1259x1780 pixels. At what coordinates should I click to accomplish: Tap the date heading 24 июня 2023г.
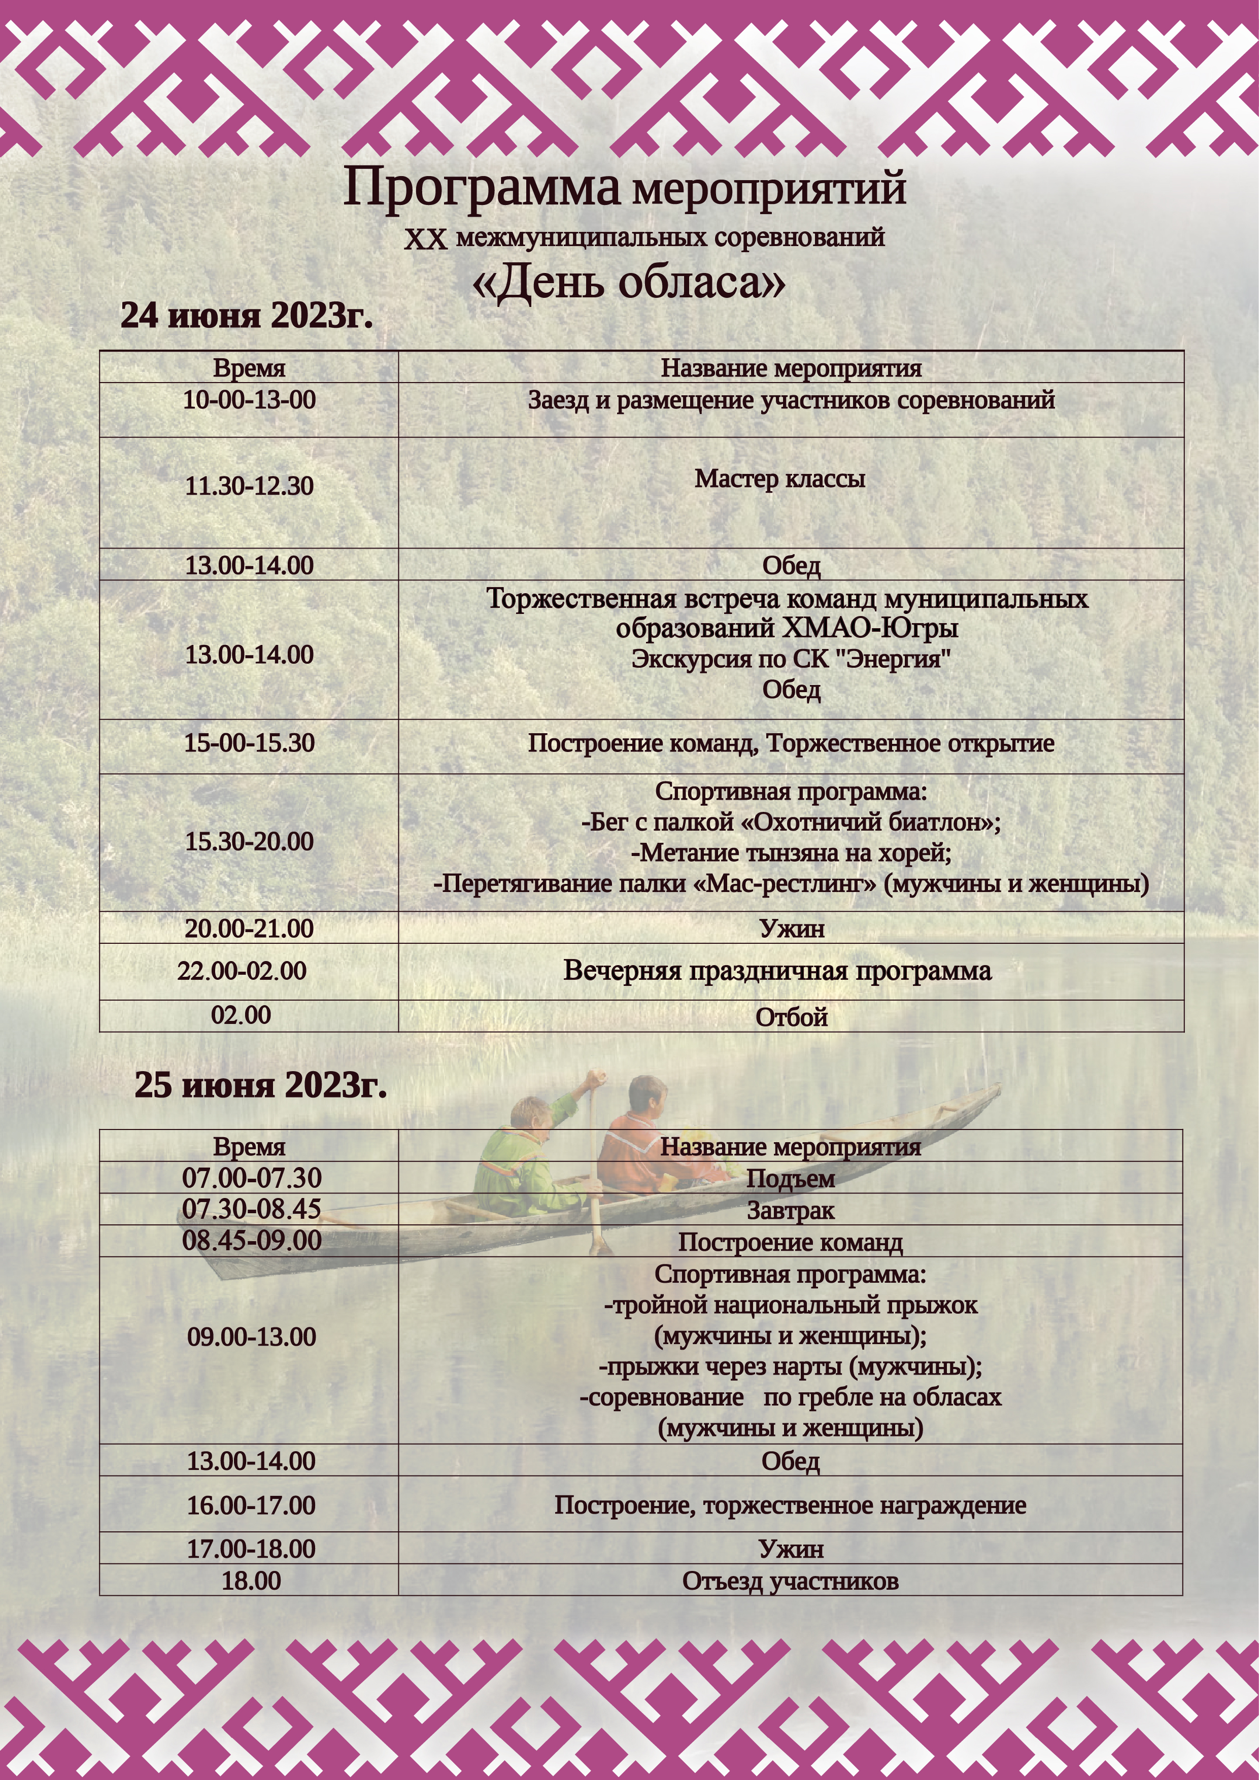pyautogui.click(x=247, y=316)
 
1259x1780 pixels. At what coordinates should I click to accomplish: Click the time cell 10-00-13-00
pyautogui.click(x=249, y=400)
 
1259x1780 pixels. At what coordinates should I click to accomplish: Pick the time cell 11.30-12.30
pyautogui.click(x=249, y=486)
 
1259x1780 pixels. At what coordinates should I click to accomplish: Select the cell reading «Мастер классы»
pyautogui.click(x=779, y=478)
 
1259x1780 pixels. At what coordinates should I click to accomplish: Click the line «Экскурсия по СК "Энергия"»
pyautogui.click(x=791, y=659)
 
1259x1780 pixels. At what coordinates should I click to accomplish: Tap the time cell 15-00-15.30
pyautogui.click(x=249, y=743)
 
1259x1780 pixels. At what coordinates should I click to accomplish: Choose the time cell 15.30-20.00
pyautogui.click(x=249, y=842)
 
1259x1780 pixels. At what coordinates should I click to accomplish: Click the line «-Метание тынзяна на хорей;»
pyautogui.click(x=791, y=853)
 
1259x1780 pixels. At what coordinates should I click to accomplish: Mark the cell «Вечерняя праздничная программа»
pyautogui.click(x=777, y=971)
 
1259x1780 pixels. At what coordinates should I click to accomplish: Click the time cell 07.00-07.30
pyautogui.click(x=251, y=1178)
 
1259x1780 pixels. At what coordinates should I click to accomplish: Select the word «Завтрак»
pyautogui.click(x=791, y=1210)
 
